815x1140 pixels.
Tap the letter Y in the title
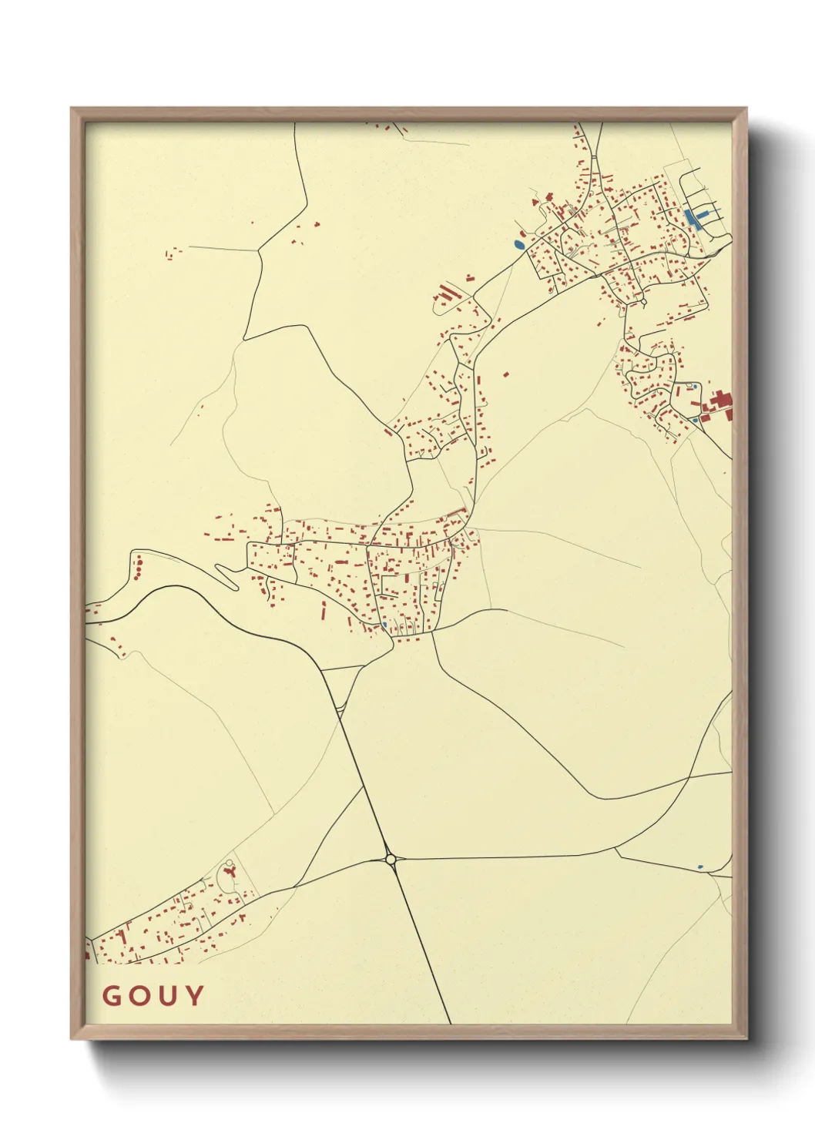195,995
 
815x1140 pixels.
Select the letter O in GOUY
139,995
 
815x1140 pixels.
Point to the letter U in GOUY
168,995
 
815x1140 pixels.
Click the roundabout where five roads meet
391,858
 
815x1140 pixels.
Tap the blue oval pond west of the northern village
519,245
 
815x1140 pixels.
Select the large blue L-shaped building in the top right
693,218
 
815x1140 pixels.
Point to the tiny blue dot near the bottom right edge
699,867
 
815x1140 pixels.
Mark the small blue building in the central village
384,625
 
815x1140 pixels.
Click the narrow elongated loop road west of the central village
228,575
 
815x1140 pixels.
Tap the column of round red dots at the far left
138,568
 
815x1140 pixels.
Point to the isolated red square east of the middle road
506,375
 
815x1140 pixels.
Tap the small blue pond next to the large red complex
695,420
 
